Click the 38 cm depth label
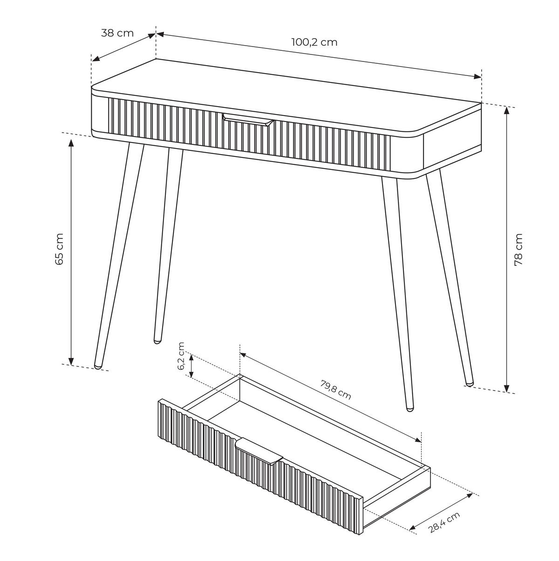(x=117, y=33)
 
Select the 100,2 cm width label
(x=314, y=42)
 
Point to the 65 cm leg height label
(x=59, y=249)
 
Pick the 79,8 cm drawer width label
(x=335, y=390)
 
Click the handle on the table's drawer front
(x=248, y=120)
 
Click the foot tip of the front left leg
(x=98, y=367)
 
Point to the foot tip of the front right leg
(x=409, y=409)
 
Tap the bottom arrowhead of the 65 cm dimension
(x=71, y=361)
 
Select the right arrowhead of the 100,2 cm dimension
(x=478, y=77)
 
